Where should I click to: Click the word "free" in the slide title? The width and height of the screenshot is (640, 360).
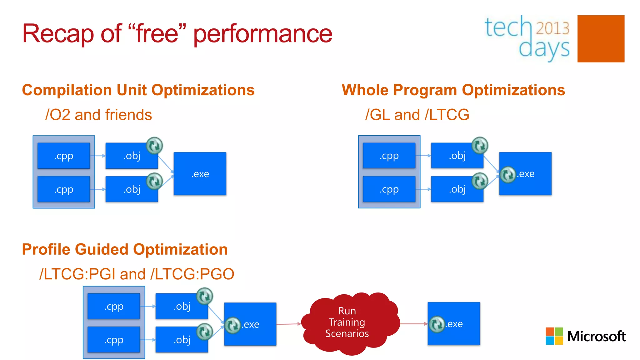tap(157, 34)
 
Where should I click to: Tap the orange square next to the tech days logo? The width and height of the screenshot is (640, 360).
tap(601, 39)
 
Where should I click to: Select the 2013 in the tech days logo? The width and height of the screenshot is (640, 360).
tap(552, 28)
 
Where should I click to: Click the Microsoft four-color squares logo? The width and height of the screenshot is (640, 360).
tap(554, 336)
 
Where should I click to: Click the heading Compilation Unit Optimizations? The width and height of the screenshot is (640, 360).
tap(138, 90)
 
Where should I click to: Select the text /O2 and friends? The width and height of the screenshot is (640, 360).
tap(98, 115)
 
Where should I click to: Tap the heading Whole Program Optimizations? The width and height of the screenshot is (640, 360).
tap(453, 90)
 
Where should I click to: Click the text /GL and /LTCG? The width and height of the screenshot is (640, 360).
tap(417, 115)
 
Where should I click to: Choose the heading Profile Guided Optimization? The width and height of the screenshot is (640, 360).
tap(125, 249)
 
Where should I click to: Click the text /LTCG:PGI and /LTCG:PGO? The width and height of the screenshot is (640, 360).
tap(137, 274)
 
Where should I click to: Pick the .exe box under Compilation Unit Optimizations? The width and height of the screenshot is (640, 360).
tap(200, 174)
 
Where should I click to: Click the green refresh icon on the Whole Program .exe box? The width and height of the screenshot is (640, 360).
tap(507, 174)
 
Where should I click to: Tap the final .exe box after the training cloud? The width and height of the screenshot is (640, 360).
tap(454, 324)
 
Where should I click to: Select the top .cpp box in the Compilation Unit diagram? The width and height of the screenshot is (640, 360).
tap(64, 156)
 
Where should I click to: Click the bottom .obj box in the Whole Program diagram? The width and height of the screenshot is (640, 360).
tap(457, 189)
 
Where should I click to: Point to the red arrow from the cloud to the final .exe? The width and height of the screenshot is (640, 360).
tap(414, 324)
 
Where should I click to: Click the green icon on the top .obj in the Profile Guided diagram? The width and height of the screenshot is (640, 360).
tap(204, 296)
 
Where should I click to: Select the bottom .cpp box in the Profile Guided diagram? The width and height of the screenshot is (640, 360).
tap(114, 340)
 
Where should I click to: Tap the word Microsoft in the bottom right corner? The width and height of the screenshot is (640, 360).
tap(596, 336)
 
